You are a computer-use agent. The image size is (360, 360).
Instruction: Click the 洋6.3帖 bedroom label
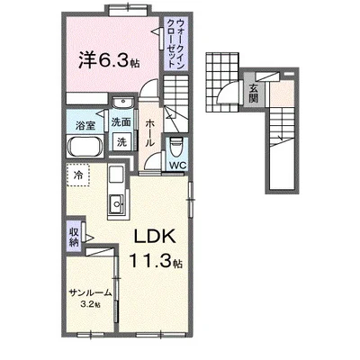click(x=109, y=61)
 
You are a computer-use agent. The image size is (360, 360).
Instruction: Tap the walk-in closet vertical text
click(x=175, y=42)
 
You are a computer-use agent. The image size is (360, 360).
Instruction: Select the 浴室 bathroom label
click(x=85, y=125)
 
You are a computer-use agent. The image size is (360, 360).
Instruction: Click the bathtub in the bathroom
click(x=85, y=146)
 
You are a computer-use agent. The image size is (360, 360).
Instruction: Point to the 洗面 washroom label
click(x=121, y=122)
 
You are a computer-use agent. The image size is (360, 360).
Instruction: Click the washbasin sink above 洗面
click(x=122, y=103)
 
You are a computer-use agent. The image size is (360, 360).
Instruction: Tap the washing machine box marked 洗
click(x=121, y=142)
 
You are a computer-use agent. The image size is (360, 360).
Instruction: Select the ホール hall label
click(x=149, y=132)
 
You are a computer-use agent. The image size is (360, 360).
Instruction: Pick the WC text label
click(x=177, y=165)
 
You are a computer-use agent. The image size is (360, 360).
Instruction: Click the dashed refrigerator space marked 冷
click(x=78, y=175)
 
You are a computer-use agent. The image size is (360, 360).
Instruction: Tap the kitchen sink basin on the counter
click(x=117, y=204)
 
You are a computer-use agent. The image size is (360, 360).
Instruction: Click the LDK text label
click(x=155, y=237)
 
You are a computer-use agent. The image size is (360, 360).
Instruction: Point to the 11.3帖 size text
click(x=156, y=260)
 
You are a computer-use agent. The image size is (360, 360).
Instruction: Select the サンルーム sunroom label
click(x=90, y=292)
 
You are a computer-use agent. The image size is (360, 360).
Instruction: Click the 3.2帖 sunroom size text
click(x=90, y=304)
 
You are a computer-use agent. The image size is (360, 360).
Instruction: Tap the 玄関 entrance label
click(x=254, y=93)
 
